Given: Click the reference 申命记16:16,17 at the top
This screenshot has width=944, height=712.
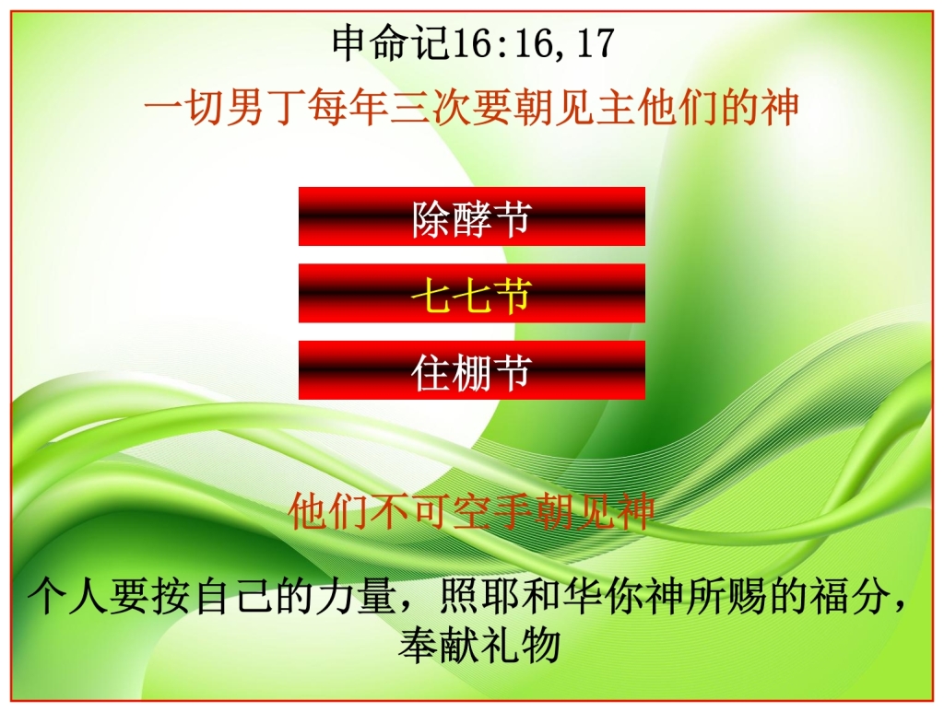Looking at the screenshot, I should [472, 43].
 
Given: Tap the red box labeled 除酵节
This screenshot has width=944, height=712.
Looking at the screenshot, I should [471, 217].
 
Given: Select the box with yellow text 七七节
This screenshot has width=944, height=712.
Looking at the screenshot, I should [471, 294].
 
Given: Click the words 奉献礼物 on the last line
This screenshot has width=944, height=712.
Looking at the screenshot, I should [479, 644].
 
